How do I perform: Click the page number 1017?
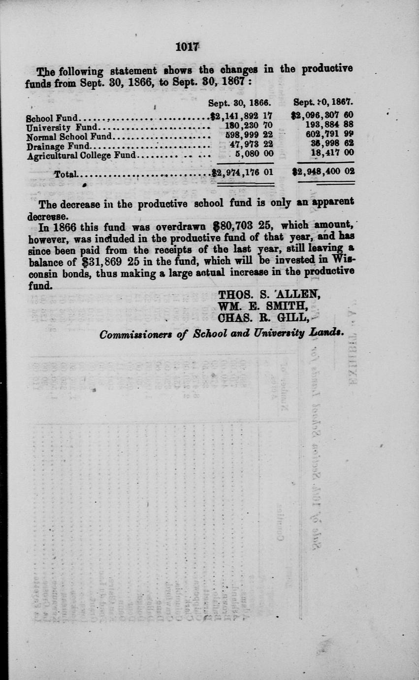click(x=187, y=47)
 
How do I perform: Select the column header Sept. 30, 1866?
click(x=240, y=103)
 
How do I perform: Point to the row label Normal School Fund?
click(x=69, y=136)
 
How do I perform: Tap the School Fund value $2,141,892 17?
click(x=241, y=118)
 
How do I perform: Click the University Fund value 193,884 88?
click(x=329, y=127)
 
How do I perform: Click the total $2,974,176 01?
click(x=241, y=172)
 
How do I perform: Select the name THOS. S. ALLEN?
click(x=270, y=295)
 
